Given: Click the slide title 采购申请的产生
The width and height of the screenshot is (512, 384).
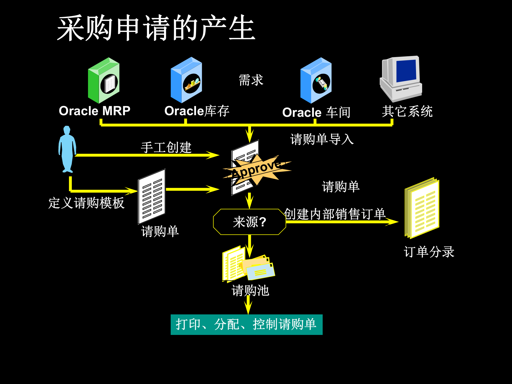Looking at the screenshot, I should tap(156, 28).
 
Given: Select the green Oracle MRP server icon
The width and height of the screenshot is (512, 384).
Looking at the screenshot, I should tap(104, 81).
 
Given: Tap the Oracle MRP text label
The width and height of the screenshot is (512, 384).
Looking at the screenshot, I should tap(94, 111).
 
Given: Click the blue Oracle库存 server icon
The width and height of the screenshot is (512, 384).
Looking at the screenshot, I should tap(186, 80).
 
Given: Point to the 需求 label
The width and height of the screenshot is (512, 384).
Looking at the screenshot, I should tap(251, 80).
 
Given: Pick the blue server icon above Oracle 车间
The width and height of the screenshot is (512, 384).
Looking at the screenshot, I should tap(316, 81).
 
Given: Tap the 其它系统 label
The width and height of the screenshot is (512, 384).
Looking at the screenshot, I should tap(407, 111).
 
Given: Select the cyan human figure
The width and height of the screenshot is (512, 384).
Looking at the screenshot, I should tap(67, 149).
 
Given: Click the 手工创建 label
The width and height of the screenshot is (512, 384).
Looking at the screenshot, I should tap(166, 147).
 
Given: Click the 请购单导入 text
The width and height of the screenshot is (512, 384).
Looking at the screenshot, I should tap(322, 139).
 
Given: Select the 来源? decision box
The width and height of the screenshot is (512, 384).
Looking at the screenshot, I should tap(249, 222).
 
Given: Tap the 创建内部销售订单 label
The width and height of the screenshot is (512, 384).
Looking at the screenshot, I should tap(335, 214).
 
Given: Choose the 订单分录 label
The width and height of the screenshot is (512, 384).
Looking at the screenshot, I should tap(429, 252).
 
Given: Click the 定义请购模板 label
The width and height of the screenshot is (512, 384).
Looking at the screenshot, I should tap(86, 203).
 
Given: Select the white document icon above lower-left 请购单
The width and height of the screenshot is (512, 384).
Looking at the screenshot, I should tap(152, 197).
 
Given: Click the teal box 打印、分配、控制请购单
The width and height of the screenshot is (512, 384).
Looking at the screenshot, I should tap(246, 325).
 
